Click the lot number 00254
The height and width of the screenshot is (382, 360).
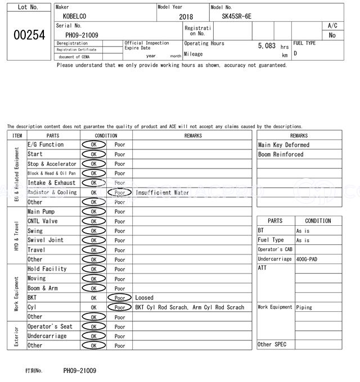(x=29, y=35)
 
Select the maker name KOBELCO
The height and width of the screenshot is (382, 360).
(x=75, y=16)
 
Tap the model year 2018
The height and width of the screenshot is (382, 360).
(x=186, y=17)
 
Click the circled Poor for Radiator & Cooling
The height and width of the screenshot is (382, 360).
(x=119, y=192)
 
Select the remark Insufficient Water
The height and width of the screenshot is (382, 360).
(x=163, y=192)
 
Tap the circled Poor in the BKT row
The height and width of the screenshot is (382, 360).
(x=119, y=298)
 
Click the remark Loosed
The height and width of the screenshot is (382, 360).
(x=144, y=298)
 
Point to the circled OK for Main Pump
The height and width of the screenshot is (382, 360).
(x=93, y=212)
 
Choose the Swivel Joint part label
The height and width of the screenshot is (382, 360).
(x=46, y=240)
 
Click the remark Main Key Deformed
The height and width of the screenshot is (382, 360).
(x=283, y=145)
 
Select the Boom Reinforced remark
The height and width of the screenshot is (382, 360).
(x=281, y=154)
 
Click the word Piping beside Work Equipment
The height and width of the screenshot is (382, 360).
(x=304, y=307)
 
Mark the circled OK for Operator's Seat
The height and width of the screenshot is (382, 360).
(x=93, y=327)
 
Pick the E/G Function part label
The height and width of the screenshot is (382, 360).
(x=46, y=145)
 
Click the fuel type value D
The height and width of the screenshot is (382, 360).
(x=295, y=54)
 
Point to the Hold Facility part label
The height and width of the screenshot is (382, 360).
(x=47, y=269)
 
